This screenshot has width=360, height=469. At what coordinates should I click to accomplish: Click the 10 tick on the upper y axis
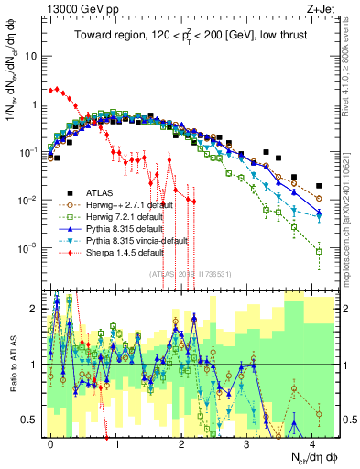30,56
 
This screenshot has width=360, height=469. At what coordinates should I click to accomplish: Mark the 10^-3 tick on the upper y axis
27,248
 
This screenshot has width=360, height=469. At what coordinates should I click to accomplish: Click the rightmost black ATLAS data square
318,185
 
